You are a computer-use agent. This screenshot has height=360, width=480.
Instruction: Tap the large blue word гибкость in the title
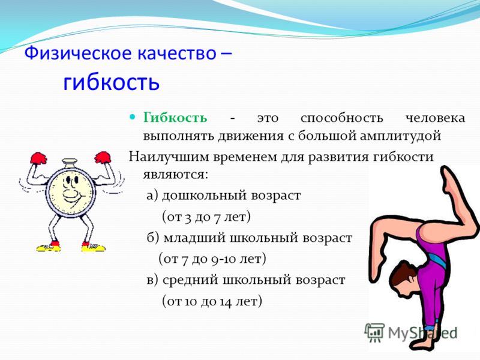tap(112, 82)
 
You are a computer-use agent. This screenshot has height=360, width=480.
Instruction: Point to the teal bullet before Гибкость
tap(133, 116)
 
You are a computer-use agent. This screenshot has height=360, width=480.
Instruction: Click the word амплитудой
tap(400, 136)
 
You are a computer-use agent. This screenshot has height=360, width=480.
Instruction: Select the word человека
tap(435, 118)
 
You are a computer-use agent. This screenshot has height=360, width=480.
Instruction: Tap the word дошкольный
tap(204, 196)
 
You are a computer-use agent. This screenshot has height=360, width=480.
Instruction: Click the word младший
tap(194, 238)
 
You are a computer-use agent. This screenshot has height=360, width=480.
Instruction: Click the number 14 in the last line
tap(226, 302)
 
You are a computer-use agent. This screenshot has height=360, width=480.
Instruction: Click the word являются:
tap(175, 175)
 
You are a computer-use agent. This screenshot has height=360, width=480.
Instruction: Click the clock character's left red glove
tap(38, 158)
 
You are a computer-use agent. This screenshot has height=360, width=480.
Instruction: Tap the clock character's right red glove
tap(103, 157)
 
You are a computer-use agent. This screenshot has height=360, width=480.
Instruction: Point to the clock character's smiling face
tap(71, 191)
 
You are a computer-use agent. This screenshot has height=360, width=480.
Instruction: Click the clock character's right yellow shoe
tap(93, 247)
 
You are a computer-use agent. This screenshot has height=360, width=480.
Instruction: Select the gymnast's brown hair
tap(401, 273)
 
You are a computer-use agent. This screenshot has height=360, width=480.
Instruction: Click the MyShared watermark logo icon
tap(374, 332)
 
